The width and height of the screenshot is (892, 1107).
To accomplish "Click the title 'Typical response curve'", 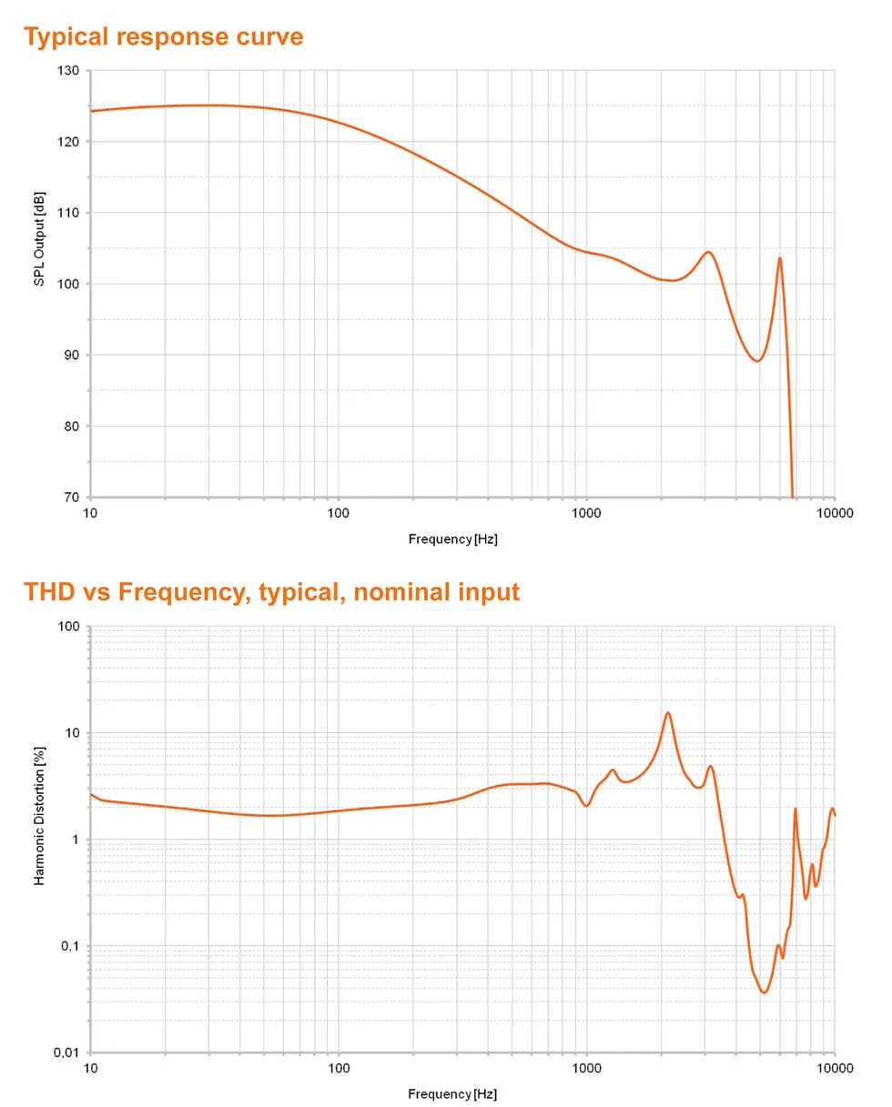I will tap(163, 37).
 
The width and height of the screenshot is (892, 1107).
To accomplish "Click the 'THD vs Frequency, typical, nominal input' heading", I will tap(271, 592).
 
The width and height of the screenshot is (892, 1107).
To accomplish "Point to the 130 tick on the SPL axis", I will tap(68, 71).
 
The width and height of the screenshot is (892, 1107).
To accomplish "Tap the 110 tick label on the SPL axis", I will tap(68, 213).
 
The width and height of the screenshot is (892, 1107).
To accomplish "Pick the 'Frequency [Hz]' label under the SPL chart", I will tap(452, 538).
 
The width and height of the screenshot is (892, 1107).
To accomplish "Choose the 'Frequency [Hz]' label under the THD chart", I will tap(452, 1093).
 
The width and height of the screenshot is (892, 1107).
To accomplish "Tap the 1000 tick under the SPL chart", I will tap(586, 513).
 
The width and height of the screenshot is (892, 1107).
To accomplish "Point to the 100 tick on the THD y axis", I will tap(68, 627).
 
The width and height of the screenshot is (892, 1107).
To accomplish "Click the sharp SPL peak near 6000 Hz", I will tap(779, 258).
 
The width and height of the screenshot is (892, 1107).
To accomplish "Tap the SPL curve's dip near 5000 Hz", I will tap(756, 360).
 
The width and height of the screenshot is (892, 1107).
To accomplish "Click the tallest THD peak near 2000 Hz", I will tap(668, 713).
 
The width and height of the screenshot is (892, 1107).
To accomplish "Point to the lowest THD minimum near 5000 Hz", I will tap(765, 991).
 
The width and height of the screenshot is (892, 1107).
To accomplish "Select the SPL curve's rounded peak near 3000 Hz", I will tap(707, 252).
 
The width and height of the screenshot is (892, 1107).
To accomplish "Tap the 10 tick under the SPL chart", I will tap(90, 513).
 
